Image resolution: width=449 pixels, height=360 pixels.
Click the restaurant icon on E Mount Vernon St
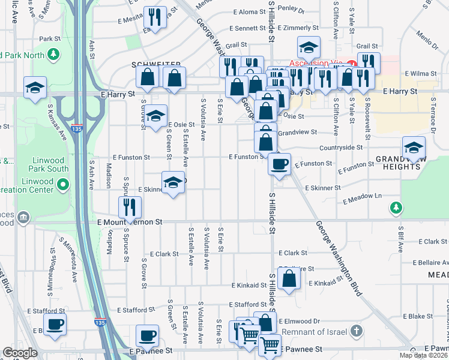(130, 208)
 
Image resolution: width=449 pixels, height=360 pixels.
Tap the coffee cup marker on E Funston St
(279, 163)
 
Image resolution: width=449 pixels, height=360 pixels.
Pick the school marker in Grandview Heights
(414, 148)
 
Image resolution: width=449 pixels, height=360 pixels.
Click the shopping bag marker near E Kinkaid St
(289, 278)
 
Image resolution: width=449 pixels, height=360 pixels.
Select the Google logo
(20, 352)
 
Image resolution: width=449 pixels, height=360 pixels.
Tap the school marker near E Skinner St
(172, 182)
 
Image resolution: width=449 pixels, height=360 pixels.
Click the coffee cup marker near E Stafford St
(55, 324)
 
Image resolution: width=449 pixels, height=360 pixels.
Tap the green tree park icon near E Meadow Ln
(396, 208)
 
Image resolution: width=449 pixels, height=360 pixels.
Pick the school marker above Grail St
(309, 47)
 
